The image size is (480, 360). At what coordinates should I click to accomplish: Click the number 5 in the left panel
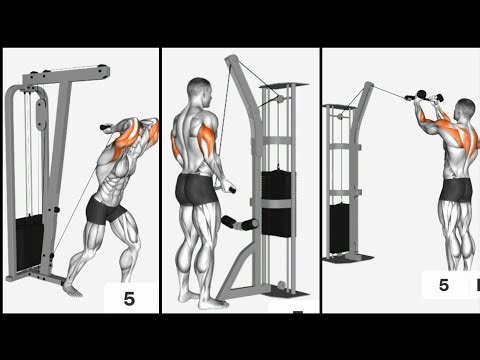point(129,297)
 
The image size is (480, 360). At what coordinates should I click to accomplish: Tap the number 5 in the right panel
point(443,285)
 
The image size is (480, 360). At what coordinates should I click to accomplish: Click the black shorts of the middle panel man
point(194,188)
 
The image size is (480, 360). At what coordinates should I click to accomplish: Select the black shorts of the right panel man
point(456,188)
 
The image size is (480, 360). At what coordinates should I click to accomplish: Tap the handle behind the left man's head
point(107,127)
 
